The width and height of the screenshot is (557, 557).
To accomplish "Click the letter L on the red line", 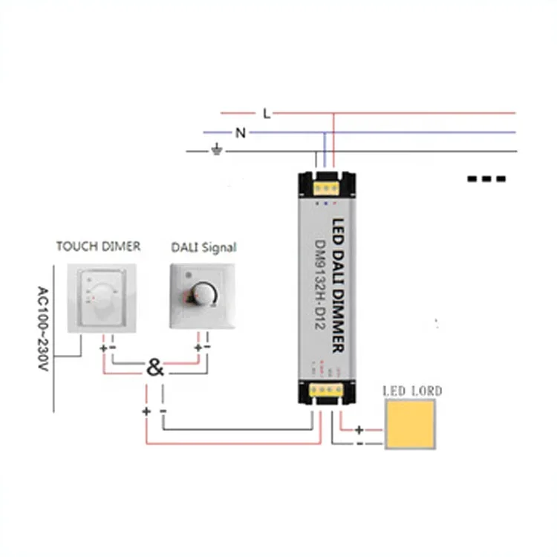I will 267,114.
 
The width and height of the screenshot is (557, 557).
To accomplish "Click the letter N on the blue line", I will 240,133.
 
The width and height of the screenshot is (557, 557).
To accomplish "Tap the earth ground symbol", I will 217,151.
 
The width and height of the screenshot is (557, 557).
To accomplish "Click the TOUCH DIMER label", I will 98,247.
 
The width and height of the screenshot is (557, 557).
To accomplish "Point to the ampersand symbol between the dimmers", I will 155,367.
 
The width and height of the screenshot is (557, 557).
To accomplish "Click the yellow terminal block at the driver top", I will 326,181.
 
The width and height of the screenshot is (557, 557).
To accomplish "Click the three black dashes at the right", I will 486,179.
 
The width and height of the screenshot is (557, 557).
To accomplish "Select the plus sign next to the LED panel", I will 359,429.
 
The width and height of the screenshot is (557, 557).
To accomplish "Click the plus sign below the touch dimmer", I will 102,347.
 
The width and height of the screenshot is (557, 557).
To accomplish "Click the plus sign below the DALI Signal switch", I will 198,347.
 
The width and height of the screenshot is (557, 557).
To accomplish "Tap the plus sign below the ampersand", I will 146,411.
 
